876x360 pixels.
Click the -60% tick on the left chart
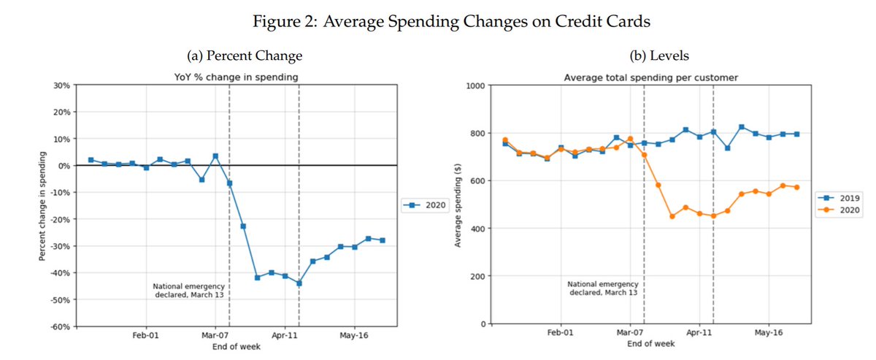coord(58,326)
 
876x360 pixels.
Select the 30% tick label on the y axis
coord(60,85)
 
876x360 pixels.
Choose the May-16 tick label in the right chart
coord(768,332)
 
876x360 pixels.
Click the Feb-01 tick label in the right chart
coord(560,332)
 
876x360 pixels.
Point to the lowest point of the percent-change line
coord(299,283)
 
